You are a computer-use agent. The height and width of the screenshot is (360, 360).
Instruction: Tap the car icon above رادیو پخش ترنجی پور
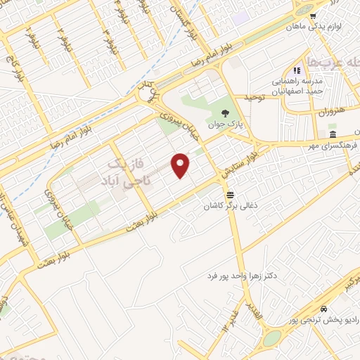(323, 309)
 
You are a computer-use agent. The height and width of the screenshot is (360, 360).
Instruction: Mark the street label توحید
(252, 97)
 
